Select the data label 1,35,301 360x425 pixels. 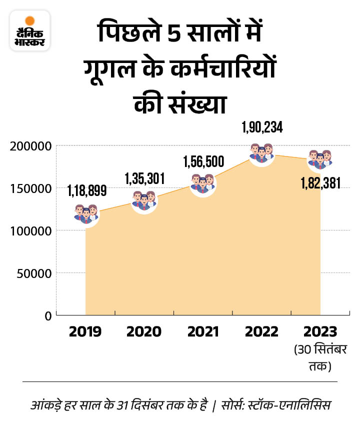144,177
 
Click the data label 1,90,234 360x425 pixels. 261,128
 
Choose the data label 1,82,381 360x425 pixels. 320,183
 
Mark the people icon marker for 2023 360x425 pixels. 320,159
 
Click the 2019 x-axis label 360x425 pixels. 86,332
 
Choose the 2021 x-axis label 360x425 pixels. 203,332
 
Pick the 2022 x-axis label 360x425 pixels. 261,332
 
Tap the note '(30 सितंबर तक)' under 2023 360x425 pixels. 320,357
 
